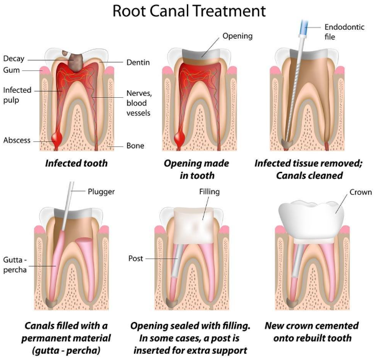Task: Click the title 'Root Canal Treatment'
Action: tap(187, 11)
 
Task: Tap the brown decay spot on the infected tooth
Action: tap(77, 60)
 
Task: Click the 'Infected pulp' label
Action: tap(16, 95)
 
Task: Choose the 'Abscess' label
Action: tap(17, 140)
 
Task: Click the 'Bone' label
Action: tap(135, 145)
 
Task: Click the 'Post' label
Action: tap(136, 257)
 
